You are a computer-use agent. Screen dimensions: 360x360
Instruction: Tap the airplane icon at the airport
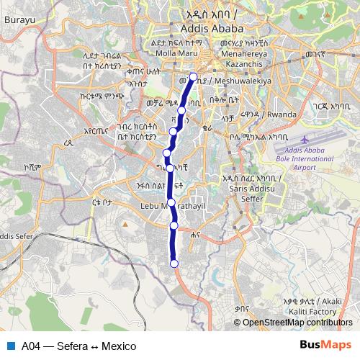pyautogui.click(x=308, y=138)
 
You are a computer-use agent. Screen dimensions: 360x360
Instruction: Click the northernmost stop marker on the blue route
pyautogui.click(x=193, y=76)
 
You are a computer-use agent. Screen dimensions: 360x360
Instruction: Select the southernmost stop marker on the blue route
pyautogui.click(x=174, y=264)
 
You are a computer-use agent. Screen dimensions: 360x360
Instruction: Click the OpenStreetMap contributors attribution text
pyautogui.click(x=299, y=322)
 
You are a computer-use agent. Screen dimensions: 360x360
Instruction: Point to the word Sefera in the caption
pyautogui.click(x=71, y=346)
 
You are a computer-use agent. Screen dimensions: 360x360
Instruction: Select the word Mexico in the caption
pyautogui.click(x=119, y=346)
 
